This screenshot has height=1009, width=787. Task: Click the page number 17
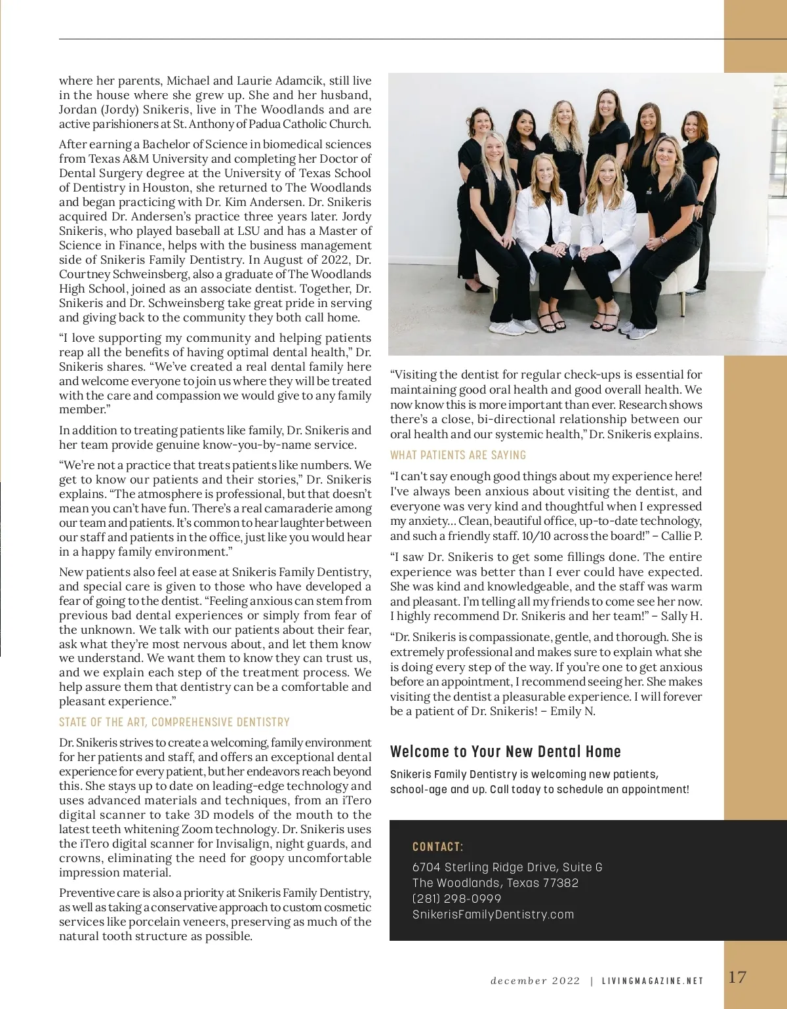click(737, 977)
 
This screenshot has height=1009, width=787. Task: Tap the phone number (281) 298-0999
click(456, 899)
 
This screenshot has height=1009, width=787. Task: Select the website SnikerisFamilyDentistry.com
click(493, 915)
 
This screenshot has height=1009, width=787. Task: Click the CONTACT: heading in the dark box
click(437, 847)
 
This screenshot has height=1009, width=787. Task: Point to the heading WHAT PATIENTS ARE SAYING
click(458, 455)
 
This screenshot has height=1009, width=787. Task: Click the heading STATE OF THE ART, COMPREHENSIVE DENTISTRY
click(174, 722)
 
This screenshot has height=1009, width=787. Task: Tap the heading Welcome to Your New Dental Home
click(505, 752)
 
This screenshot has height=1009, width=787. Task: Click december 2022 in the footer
click(535, 981)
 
